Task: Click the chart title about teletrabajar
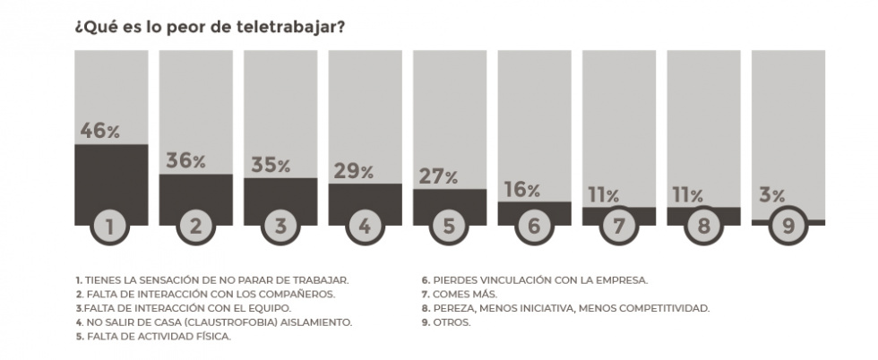pyautogui.click(x=211, y=26)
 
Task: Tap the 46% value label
pyautogui.click(x=99, y=130)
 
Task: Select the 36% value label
pyautogui.click(x=185, y=161)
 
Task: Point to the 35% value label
pyautogui.click(x=270, y=165)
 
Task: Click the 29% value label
pyautogui.click(x=354, y=172)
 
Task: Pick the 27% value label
pyautogui.click(x=439, y=176)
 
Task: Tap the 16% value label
pyautogui.click(x=521, y=190)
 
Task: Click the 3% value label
pyautogui.click(x=771, y=194)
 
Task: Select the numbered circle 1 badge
pyautogui.click(x=110, y=227)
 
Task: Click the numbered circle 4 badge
pyautogui.click(x=365, y=227)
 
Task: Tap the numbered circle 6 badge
pyautogui.click(x=534, y=227)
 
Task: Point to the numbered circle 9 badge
pyautogui.click(x=788, y=227)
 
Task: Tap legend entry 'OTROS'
pyautogui.click(x=452, y=322)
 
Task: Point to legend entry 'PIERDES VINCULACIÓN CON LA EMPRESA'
pyautogui.click(x=538, y=280)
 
